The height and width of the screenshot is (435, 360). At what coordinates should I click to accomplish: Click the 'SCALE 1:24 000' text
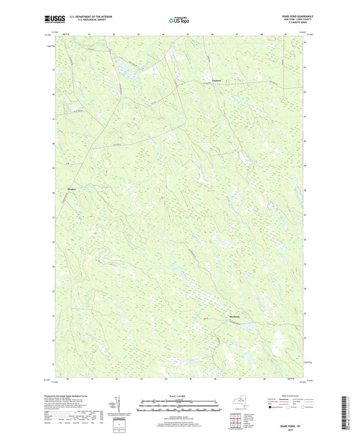(179, 396)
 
